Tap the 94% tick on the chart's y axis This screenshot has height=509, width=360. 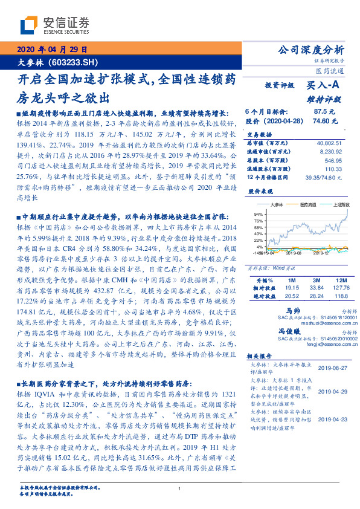[258, 215]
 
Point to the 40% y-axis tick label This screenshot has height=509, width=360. [258, 234]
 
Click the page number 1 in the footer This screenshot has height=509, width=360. [180, 490]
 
